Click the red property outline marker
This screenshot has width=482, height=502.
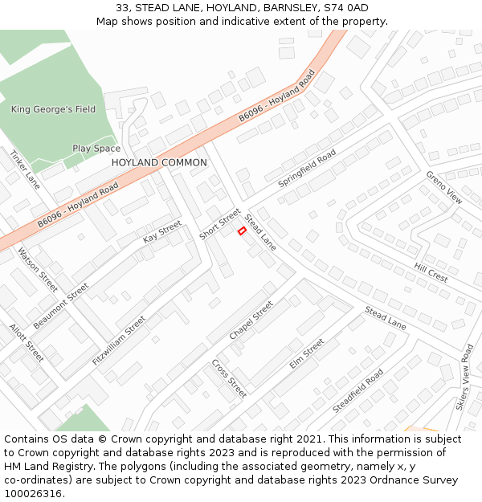click(x=242, y=231)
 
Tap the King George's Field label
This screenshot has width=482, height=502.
click(x=53, y=109)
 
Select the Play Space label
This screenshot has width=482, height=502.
click(x=96, y=149)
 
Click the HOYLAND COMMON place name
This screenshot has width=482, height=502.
click(x=159, y=162)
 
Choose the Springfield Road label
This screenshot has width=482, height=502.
click(x=307, y=169)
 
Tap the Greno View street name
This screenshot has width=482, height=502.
click(x=444, y=187)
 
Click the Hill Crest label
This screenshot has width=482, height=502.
click(x=431, y=272)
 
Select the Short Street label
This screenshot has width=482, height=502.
click(x=220, y=224)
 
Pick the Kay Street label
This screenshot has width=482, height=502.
click(x=162, y=232)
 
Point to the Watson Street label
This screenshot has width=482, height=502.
click(x=38, y=269)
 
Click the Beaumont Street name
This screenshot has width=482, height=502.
click(x=61, y=305)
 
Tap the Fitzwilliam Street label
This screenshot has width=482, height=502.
click(x=119, y=341)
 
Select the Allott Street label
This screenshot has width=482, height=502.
click(x=27, y=342)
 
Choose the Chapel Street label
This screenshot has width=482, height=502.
click(x=251, y=320)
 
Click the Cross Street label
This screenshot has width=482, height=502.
click(x=229, y=378)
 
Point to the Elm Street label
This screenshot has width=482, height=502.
click(x=307, y=353)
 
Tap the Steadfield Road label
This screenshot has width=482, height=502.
click(x=358, y=391)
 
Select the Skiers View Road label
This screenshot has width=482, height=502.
click(x=465, y=378)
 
